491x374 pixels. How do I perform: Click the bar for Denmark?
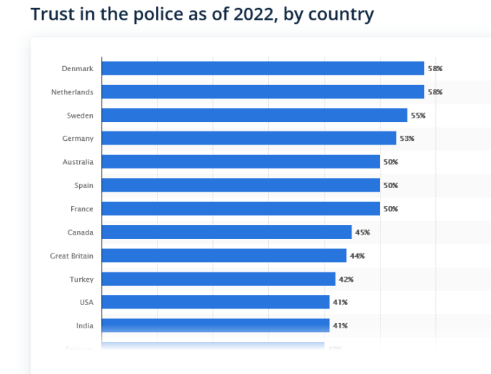[x=262, y=68]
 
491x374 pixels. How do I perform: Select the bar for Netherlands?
[x=262, y=92]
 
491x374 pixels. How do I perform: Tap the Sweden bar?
[x=254, y=115]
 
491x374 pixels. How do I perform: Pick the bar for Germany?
[x=248, y=138]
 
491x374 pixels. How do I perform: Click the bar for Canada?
[x=227, y=232]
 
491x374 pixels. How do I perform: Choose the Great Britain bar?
[x=224, y=256]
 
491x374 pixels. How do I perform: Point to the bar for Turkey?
[x=218, y=279]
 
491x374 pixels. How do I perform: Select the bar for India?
[x=215, y=325]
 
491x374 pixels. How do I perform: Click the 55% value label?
[x=418, y=115]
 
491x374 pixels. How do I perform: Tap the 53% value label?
[x=407, y=139]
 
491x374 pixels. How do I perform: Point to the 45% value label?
[x=362, y=232]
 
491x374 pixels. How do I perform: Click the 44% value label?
[x=357, y=256]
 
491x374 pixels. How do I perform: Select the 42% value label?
[x=346, y=279]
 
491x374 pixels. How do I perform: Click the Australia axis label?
[x=78, y=162]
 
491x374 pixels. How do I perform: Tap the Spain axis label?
[x=84, y=185]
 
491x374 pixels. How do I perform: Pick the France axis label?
[x=82, y=209]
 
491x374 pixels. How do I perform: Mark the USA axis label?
[x=86, y=302]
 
